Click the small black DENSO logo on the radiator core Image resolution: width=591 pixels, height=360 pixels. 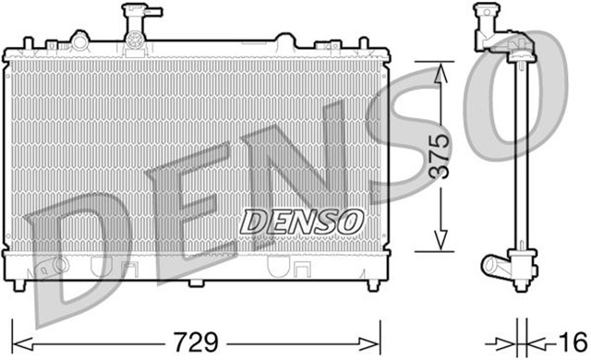coord(301,222)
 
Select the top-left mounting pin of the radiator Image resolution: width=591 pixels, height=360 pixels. coord(28,42)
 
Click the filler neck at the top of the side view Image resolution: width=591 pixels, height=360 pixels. coord(483,18)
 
